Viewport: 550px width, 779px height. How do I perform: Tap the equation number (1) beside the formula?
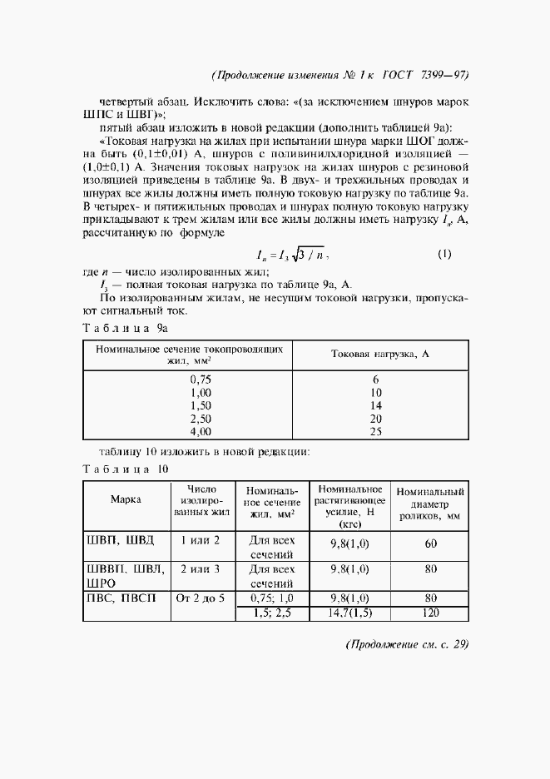click(x=443, y=254)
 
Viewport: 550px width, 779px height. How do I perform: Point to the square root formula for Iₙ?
click(x=295, y=255)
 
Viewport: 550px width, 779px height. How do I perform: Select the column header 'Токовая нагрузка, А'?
click(x=379, y=355)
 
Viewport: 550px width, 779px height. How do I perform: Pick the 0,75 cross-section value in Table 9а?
click(x=201, y=379)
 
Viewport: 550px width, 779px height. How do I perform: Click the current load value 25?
click(x=376, y=432)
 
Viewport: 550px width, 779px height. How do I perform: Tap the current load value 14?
click(x=376, y=405)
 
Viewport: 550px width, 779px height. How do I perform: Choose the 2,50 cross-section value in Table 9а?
click(x=201, y=419)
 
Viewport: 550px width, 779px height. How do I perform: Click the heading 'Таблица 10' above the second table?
click(x=126, y=469)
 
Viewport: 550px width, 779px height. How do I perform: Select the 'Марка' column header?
click(x=126, y=499)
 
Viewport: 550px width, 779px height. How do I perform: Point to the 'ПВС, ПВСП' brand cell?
click(x=121, y=598)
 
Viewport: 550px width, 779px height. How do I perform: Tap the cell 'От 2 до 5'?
click(x=201, y=598)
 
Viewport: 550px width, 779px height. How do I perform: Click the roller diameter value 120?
click(x=430, y=613)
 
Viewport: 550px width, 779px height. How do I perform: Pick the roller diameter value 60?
click(x=430, y=544)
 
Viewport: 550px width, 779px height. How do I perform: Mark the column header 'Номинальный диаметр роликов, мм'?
click(x=430, y=504)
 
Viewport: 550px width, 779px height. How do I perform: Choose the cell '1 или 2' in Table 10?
click(x=201, y=540)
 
